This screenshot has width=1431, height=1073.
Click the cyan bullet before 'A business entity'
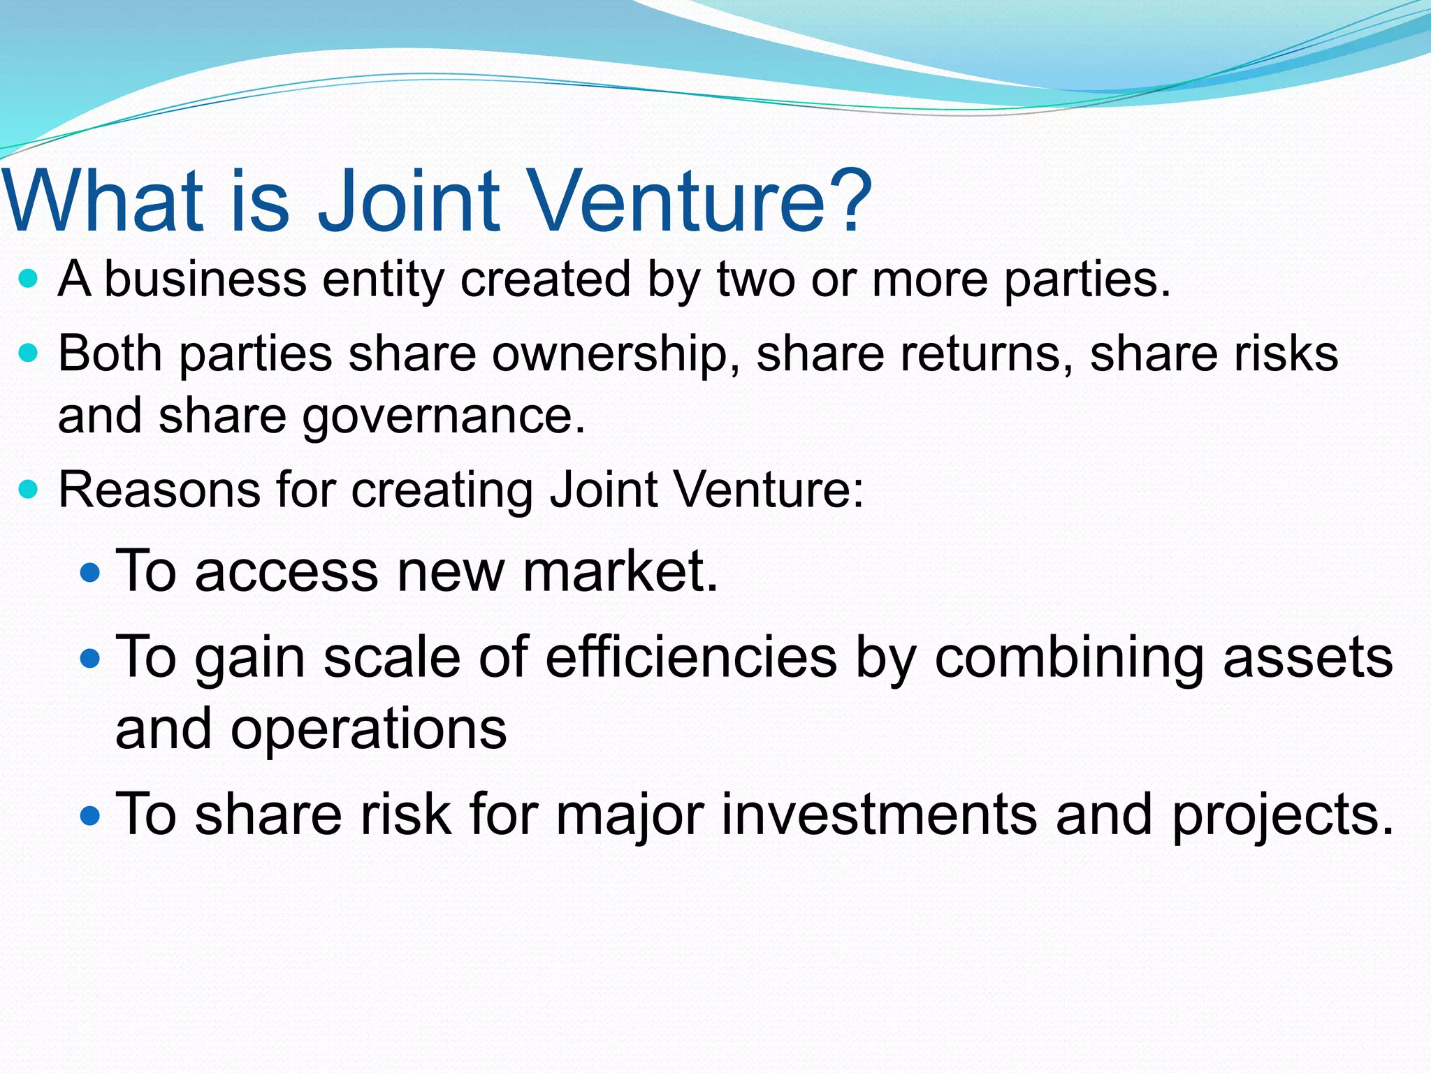28,279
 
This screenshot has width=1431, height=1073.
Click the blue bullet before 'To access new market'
91,574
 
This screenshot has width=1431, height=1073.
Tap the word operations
368,731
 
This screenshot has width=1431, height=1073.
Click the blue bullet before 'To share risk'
91,815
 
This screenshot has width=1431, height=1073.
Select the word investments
879,815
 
